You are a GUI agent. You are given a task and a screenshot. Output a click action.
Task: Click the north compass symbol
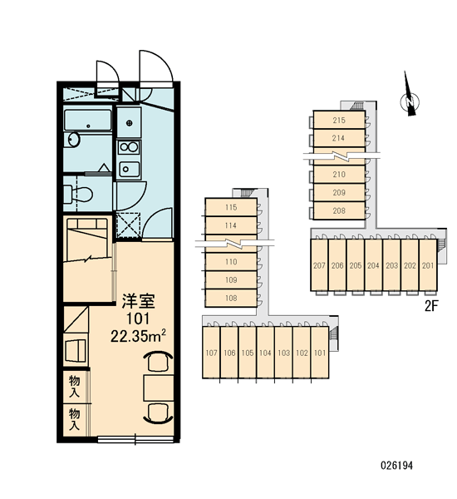click(409, 101)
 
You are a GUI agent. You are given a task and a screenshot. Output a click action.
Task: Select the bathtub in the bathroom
click(88, 120)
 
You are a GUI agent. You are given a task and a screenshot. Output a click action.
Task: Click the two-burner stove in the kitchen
click(129, 147)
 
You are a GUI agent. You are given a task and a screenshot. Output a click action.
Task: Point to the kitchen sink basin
click(129, 170)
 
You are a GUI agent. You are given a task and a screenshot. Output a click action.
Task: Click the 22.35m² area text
click(138, 335)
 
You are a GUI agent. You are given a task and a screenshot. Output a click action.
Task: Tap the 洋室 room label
click(139, 301)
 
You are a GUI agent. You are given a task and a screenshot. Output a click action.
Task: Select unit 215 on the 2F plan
click(339, 120)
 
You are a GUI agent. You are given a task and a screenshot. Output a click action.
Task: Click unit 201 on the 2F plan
click(428, 265)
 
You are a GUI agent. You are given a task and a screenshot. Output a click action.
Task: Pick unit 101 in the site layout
click(320, 353)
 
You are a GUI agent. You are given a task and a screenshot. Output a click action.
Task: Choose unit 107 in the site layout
click(212, 353)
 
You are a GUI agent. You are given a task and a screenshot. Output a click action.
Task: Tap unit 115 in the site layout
click(231, 207)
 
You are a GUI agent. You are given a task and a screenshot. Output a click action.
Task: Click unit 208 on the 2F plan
click(339, 210)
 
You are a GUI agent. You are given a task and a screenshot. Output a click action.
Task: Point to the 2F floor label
click(431, 306)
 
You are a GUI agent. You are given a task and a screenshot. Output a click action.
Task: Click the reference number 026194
click(396, 466)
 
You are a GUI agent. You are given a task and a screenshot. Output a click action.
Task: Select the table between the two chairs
click(159, 388)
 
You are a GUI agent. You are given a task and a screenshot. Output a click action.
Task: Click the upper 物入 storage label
click(75, 386)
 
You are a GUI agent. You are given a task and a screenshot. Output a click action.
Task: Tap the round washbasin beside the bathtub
click(74, 140)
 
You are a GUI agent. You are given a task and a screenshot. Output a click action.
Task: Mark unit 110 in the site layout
click(231, 262)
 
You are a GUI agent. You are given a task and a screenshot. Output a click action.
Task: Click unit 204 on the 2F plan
click(373, 265)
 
